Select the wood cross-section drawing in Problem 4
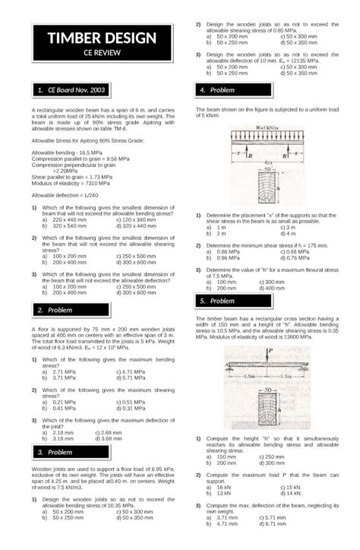[x=267, y=187]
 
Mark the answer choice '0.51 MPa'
[x=133, y=402]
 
